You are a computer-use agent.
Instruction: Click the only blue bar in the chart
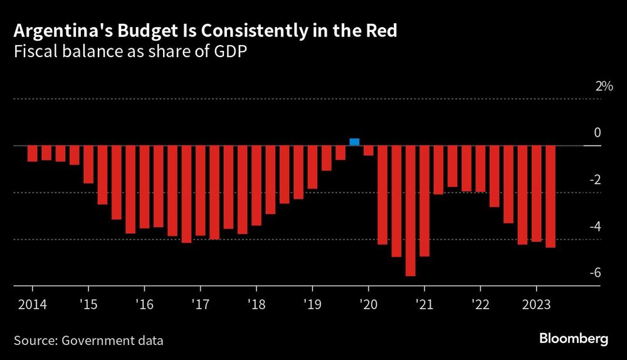click(354, 142)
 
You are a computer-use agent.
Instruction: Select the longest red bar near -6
click(411, 211)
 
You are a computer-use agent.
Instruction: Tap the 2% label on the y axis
click(604, 87)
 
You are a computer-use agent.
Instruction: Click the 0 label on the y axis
click(598, 133)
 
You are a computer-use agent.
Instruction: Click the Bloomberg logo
click(574, 339)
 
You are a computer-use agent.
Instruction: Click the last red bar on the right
click(551, 197)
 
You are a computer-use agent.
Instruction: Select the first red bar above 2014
click(33, 154)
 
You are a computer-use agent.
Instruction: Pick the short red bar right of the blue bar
click(369, 151)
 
